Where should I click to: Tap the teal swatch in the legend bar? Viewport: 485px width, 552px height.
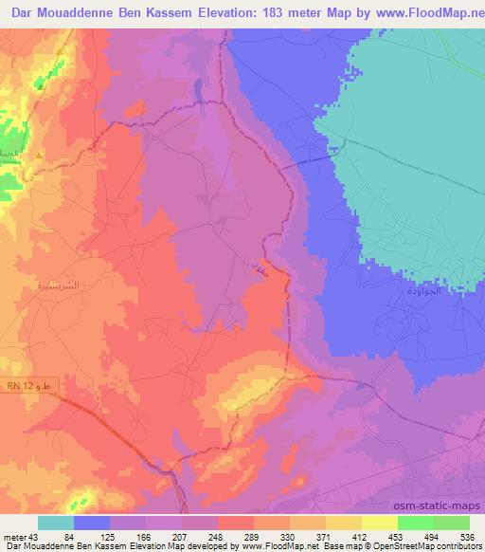[x=56, y=523]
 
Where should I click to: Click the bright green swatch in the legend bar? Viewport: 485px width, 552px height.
[x=415, y=523]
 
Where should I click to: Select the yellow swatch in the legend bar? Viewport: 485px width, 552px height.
[x=379, y=523]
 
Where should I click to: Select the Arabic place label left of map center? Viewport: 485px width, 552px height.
[x=59, y=283]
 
